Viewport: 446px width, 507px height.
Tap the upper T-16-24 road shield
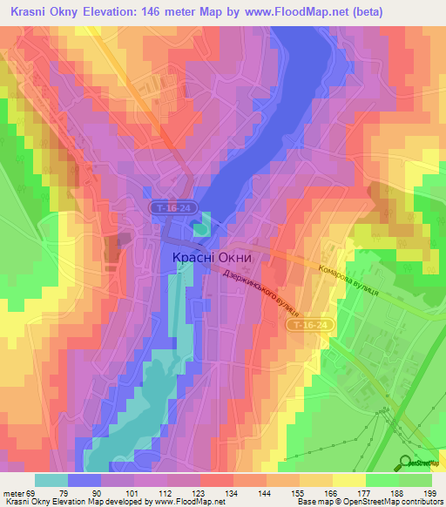pyautogui.click(x=173, y=208)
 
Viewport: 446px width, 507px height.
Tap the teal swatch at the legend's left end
pyautogui.click(x=51, y=480)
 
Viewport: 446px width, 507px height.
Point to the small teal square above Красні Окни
pyautogui.click(x=201, y=229)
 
